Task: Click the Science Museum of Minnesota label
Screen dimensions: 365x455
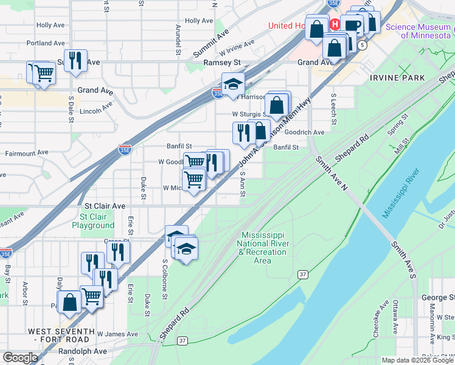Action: [417, 31]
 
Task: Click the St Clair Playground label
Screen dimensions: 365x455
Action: [93, 221]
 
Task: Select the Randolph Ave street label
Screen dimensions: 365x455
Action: [82, 352]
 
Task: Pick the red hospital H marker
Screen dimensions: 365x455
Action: [335, 24]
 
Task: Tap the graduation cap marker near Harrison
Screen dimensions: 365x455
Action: [233, 84]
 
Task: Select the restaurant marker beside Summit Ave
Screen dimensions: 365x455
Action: [75, 60]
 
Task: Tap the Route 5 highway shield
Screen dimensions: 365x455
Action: [363, 46]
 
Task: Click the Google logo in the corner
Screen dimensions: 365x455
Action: [20, 358]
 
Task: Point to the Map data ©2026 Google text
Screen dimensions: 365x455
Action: [417, 360]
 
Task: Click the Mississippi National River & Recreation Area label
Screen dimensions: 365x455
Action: [262, 248]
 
